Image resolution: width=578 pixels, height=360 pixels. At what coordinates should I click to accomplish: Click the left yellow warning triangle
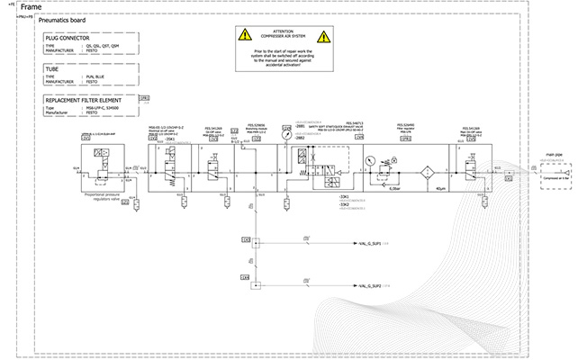[x=245, y=36]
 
